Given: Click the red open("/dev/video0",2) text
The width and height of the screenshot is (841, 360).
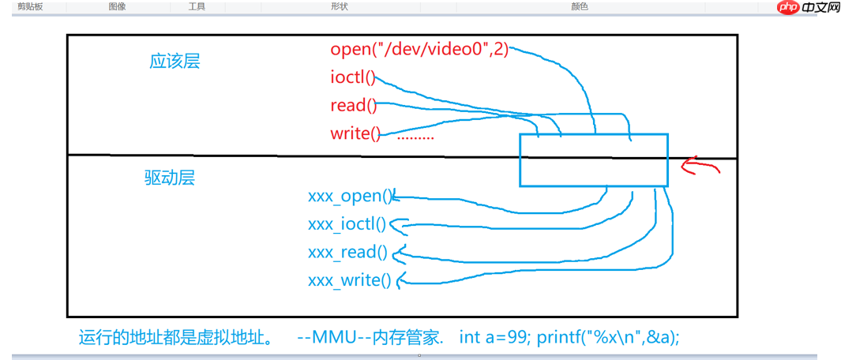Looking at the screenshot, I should [x=419, y=50].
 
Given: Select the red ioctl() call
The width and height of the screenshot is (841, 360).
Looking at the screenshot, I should [x=352, y=78].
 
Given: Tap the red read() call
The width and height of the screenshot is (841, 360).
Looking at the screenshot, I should [x=353, y=106].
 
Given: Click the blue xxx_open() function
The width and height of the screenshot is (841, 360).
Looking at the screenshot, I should [x=350, y=197].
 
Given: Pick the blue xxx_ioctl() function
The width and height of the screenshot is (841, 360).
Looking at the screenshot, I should [x=347, y=225].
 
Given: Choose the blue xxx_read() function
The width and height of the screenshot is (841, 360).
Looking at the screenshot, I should [x=347, y=253].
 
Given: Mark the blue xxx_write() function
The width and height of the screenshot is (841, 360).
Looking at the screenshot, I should [x=349, y=280].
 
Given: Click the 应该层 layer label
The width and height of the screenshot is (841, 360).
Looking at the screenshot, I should [x=175, y=62].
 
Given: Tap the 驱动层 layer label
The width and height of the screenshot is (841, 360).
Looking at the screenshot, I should [x=169, y=178].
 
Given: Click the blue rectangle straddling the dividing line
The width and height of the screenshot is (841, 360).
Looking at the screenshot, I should [x=593, y=159].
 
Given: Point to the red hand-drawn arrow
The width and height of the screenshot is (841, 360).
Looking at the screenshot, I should [x=701, y=167].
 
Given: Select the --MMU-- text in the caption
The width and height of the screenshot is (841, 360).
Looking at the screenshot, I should [x=325, y=337].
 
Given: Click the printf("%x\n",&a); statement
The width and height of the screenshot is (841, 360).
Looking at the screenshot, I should [x=608, y=337].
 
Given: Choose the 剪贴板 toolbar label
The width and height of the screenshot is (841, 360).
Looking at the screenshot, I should [x=30, y=6].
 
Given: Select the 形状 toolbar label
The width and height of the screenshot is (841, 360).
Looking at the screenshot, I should [x=340, y=6].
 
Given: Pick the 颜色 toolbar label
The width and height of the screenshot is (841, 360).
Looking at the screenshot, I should [x=580, y=6].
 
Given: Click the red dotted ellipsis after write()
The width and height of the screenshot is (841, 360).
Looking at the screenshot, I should [x=415, y=137].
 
